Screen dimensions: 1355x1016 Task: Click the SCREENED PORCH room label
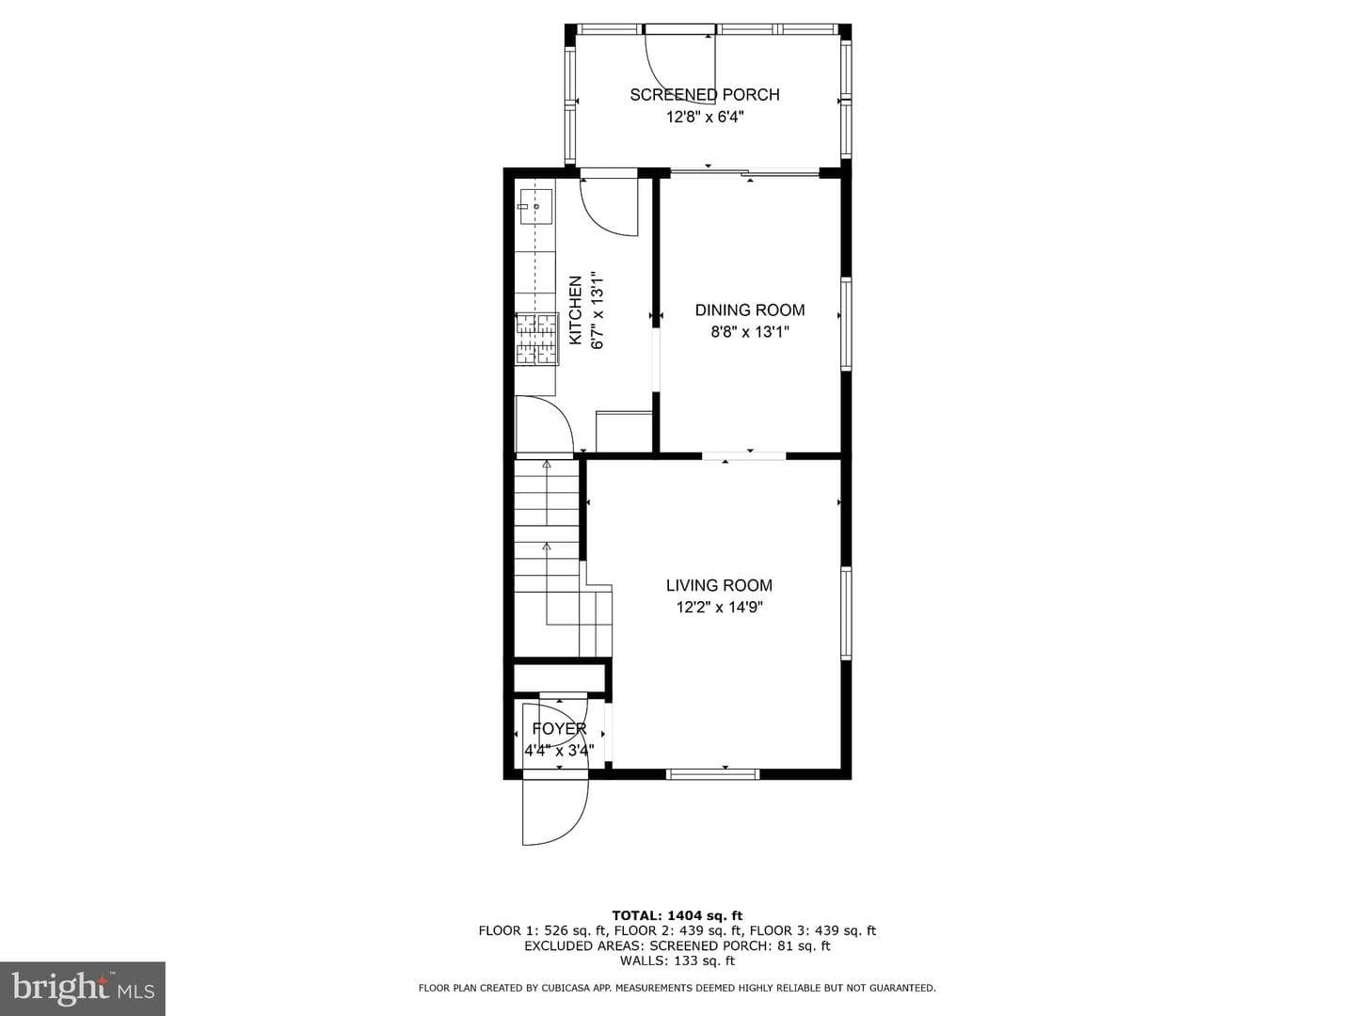705,94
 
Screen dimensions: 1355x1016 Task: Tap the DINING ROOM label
749,310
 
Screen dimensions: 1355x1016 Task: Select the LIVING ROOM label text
719,585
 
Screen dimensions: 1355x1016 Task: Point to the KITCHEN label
575,310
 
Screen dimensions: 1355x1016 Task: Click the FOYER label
559,728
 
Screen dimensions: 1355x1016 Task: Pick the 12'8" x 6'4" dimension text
705,117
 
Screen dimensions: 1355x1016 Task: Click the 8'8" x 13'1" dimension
749,332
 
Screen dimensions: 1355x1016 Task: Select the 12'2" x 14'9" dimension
719,607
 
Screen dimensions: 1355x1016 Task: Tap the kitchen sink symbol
535,207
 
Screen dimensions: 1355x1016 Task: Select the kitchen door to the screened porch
608,206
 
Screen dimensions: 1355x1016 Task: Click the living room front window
713,773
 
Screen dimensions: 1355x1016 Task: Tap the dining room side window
846,324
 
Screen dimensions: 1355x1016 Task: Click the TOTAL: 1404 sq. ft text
677,915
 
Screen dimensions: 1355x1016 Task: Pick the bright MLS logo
83,988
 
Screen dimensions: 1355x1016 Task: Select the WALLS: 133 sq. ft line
677,960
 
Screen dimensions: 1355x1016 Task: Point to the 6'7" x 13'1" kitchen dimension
598,310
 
